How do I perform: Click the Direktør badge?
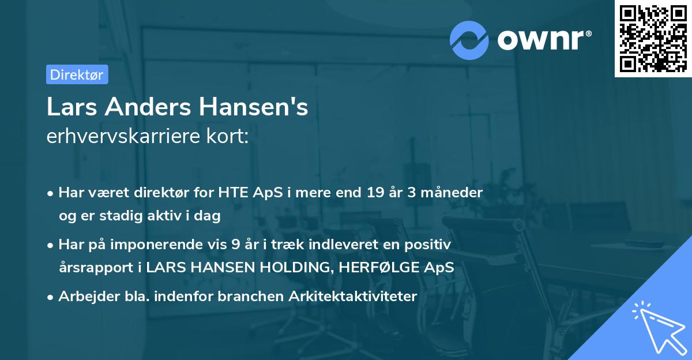click(77, 74)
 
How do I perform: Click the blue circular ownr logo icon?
click(469, 40)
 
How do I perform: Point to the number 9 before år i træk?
click(235, 244)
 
